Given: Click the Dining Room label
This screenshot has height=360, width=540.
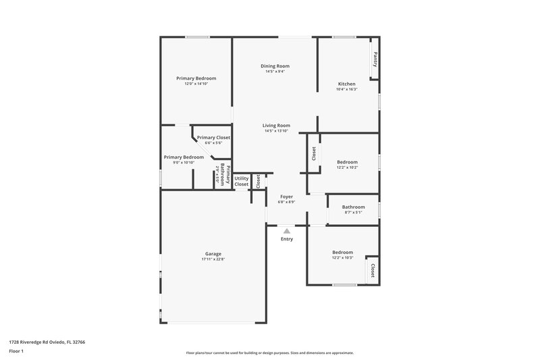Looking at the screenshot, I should (275, 66).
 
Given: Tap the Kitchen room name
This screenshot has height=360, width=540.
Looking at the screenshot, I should (346, 84).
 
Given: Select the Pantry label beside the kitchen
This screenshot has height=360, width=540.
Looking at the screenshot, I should (375, 59).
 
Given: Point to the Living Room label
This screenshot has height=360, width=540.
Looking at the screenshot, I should (277, 125).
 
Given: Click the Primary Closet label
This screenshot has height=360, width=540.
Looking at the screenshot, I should (213, 137).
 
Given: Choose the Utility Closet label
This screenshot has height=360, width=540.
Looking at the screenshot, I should (241, 181).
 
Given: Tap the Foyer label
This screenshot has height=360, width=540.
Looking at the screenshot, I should (286, 196).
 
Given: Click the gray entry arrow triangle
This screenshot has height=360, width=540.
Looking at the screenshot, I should (286, 231).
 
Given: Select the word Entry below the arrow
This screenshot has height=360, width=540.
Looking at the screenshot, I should (287, 239).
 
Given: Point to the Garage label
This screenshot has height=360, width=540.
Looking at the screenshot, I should (213, 254).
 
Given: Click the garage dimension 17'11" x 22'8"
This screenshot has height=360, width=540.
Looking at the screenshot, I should (213, 259).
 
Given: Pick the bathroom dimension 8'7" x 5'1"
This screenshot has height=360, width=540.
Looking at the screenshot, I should (353, 213).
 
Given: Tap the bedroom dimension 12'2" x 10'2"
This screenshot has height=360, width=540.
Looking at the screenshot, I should (347, 168).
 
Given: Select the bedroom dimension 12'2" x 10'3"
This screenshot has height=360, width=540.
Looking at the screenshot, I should (342, 258).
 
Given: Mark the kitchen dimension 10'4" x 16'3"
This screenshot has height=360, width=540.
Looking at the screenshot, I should (347, 89).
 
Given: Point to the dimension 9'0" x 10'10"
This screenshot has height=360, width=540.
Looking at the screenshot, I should (184, 163).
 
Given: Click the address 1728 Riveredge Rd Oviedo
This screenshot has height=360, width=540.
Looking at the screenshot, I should (47, 342).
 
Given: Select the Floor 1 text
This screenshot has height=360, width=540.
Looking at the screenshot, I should (16, 352).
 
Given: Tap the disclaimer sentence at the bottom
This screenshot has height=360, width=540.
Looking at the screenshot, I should (269, 353).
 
